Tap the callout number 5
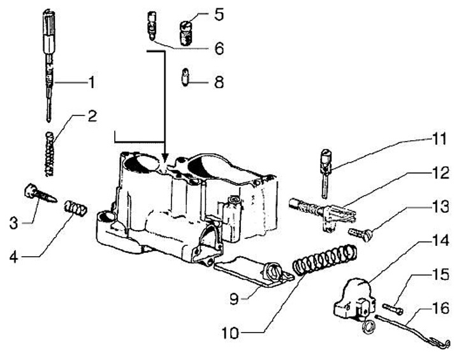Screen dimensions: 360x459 (219, 14)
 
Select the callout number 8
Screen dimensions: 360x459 (219, 82)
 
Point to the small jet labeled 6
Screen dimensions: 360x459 (151, 25)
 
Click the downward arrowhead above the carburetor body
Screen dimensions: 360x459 (165, 156)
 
